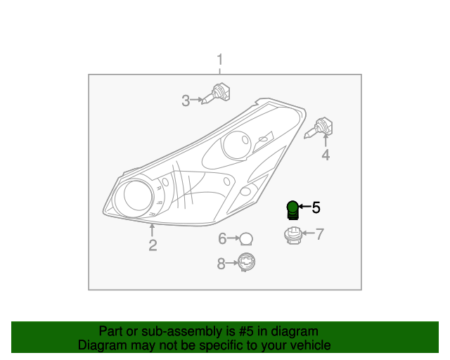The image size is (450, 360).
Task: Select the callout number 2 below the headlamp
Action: click(x=153, y=245)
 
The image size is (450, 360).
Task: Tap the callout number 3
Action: click(x=186, y=101)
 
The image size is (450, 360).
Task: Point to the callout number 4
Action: click(x=326, y=155)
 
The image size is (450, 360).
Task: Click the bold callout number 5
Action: click(x=316, y=207)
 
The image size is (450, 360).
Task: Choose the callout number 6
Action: click(x=222, y=239)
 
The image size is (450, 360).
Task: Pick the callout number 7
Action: click(x=319, y=234)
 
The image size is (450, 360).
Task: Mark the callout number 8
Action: click(x=221, y=264)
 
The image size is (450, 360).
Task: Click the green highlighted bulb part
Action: click(x=292, y=209)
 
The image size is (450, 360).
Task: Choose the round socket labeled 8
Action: click(x=246, y=262)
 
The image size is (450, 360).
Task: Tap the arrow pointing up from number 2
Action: click(x=152, y=229)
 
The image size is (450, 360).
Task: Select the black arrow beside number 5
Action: click(x=304, y=207)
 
